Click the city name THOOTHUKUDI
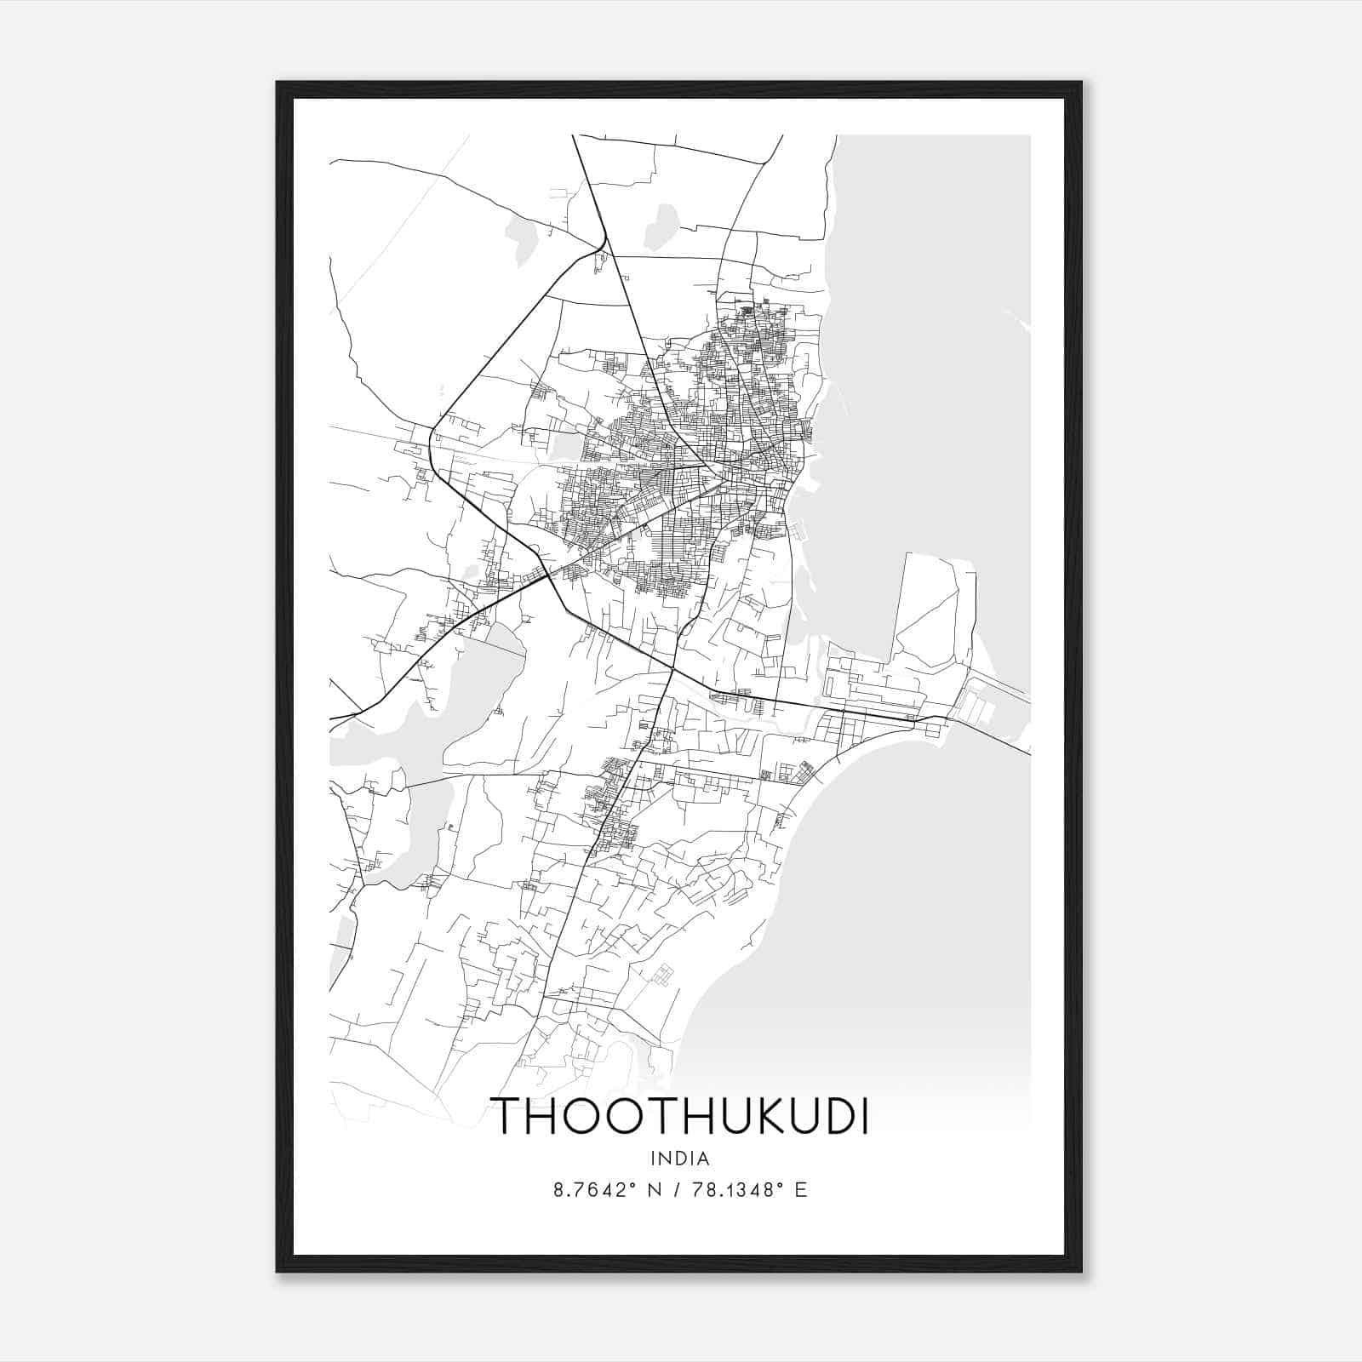coord(680,1117)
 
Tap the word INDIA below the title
coord(680,1159)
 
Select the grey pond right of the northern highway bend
coord(657,226)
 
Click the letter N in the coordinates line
coord(655,1190)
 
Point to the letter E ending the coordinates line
coord(800,1190)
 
